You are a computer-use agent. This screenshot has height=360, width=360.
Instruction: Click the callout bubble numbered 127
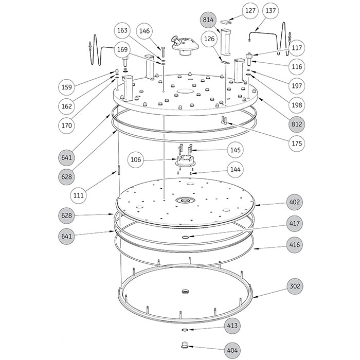pyautogui.click(x=250, y=11)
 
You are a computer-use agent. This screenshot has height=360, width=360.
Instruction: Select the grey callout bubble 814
pyautogui.click(x=208, y=20)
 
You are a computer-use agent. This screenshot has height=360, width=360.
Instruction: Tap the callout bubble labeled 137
pyautogui.click(x=271, y=11)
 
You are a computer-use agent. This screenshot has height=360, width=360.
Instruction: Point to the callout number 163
pyautogui.click(x=122, y=30)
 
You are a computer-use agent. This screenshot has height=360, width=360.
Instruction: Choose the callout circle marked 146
pyautogui.click(x=145, y=31)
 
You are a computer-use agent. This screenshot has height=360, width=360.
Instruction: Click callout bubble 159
pyautogui.click(x=67, y=87)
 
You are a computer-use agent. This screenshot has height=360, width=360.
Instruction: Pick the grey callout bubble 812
pyautogui.click(x=297, y=124)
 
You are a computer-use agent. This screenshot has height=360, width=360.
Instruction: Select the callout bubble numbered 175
pyautogui.click(x=297, y=143)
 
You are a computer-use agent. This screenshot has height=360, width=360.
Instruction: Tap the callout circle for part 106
pyautogui.click(x=136, y=159)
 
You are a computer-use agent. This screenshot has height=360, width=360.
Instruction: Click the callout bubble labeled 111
pyautogui.click(x=79, y=195)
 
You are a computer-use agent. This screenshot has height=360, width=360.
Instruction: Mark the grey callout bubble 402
pyautogui.click(x=295, y=202)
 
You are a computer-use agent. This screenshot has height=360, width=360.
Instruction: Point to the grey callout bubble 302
pyautogui.click(x=295, y=286)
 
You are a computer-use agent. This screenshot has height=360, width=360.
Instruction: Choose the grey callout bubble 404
pyautogui.click(x=232, y=351)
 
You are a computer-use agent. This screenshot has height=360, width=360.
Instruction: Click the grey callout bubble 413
pyautogui.click(x=232, y=326)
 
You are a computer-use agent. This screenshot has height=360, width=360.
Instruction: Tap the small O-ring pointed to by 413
pyautogui.click(x=185, y=330)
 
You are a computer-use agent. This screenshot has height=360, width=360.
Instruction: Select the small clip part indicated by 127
pyautogui.click(x=226, y=22)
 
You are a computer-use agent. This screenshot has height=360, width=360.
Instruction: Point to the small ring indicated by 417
pyautogui.click(x=186, y=237)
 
